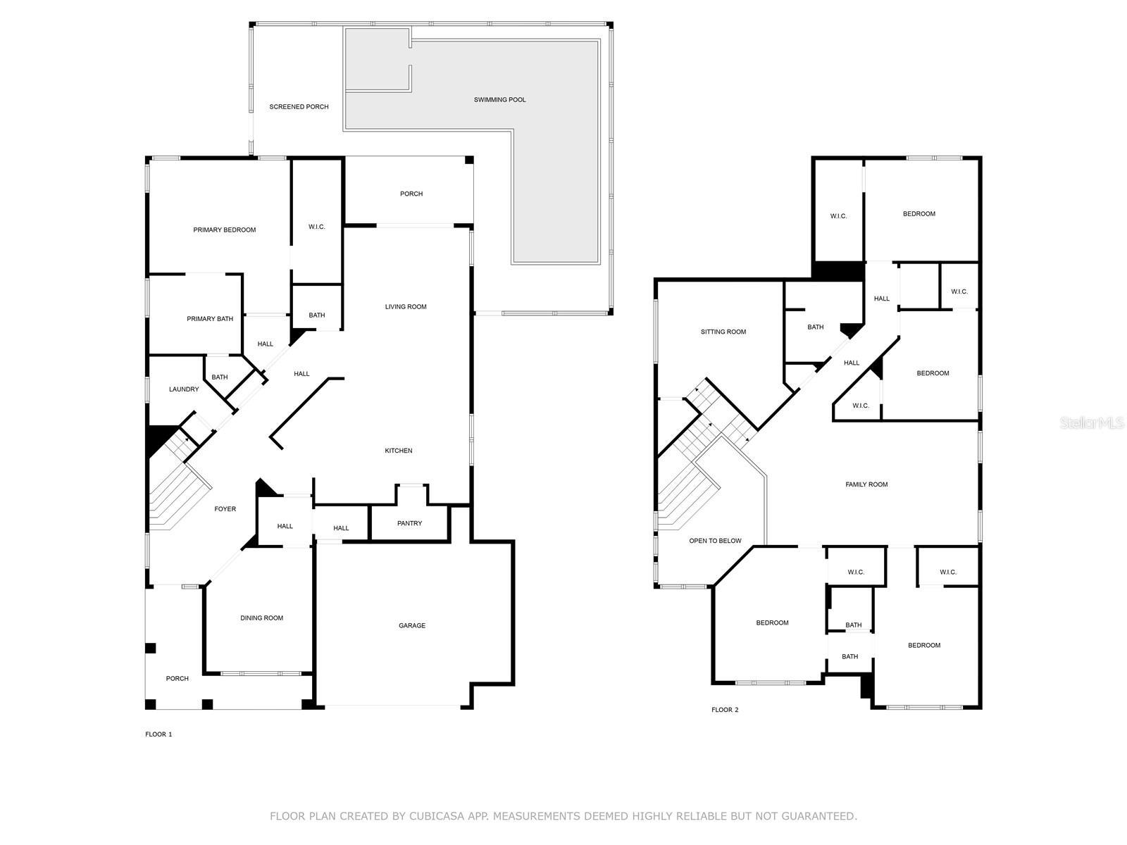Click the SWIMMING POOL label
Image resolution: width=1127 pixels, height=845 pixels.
[499, 99]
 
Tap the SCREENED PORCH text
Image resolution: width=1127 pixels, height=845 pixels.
[299, 107]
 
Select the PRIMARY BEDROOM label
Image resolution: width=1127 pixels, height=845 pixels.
[225, 230]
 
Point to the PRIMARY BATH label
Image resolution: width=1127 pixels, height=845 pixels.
[209, 318]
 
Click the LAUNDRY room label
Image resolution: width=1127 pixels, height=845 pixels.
[184, 389]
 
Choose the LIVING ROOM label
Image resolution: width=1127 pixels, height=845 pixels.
[406, 307]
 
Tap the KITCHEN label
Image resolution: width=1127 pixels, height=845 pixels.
[399, 451]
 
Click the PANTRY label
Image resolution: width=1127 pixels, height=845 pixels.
[409, 523]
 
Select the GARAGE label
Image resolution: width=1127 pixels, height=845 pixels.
[412, 625]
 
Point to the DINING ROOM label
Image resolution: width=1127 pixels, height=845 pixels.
[261, 618]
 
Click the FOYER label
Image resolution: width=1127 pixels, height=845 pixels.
[225, 509]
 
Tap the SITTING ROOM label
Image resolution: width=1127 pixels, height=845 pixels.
[723, 332]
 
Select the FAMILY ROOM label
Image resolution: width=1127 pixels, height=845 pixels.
[866, 484]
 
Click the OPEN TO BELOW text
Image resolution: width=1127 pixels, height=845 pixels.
[715, 541]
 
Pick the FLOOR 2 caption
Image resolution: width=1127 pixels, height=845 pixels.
[725, 710]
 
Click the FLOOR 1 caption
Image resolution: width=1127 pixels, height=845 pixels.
[158, 734]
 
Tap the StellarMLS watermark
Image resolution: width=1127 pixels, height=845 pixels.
[1092, 423]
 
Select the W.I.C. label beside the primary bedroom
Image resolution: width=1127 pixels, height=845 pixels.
[316, 227]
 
